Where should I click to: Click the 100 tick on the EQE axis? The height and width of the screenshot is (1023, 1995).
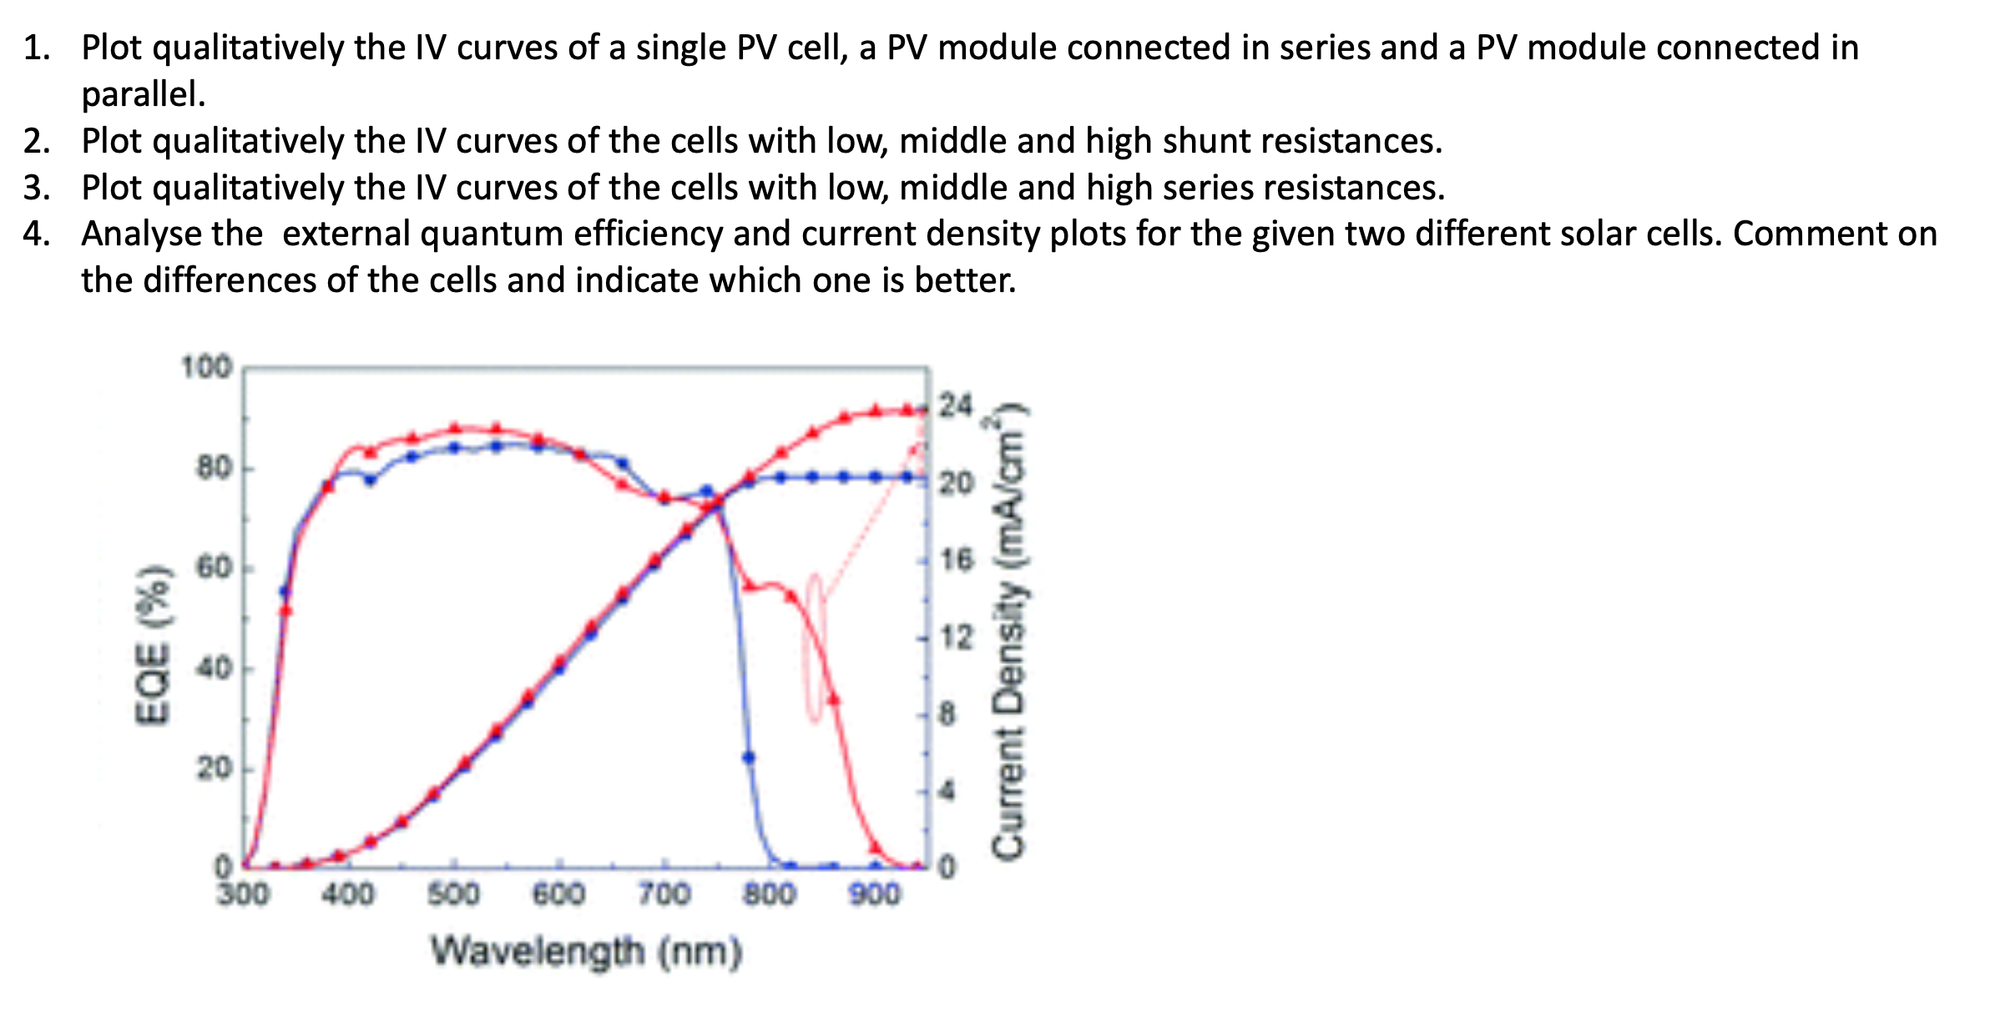(x=206, y=367)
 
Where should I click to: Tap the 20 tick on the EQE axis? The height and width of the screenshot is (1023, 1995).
(x=213, y=768)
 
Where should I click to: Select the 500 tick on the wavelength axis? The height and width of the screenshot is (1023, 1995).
(x=454, y=894)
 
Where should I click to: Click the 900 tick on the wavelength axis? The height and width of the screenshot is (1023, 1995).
(x=875, y=894)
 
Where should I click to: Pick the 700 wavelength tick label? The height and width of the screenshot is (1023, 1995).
(x=664, y=894)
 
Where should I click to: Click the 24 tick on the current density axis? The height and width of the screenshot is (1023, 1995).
(x=956, y=406)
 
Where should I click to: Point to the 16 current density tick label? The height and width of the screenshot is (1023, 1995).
(x=957, y=560)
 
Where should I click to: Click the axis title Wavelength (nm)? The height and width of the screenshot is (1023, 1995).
(x=586, y=951)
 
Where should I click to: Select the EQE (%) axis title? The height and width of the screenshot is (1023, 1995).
(x=155, y=643)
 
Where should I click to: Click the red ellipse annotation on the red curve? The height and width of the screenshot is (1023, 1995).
(x=815, y=648)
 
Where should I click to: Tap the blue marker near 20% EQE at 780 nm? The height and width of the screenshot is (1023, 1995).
(x=749, y=758)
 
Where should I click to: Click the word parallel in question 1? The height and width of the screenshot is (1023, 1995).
(x=142, y=94)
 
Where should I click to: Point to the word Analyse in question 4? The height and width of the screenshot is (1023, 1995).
(x=171, y=234)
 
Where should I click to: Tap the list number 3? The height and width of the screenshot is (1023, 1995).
(x=35, y=188)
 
